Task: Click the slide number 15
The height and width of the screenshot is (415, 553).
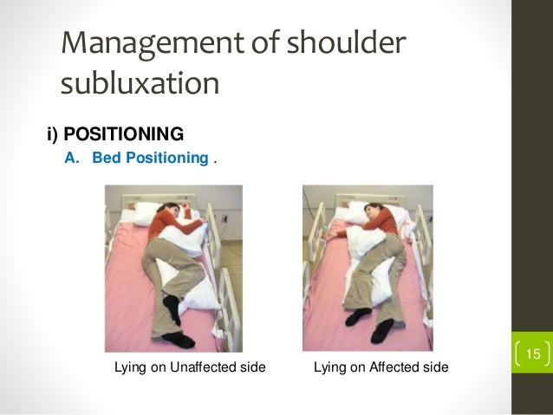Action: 532,353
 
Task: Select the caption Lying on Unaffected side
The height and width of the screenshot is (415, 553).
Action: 190,368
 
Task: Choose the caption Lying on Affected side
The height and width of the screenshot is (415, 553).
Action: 381,368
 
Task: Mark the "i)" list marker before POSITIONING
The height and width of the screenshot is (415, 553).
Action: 52,135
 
